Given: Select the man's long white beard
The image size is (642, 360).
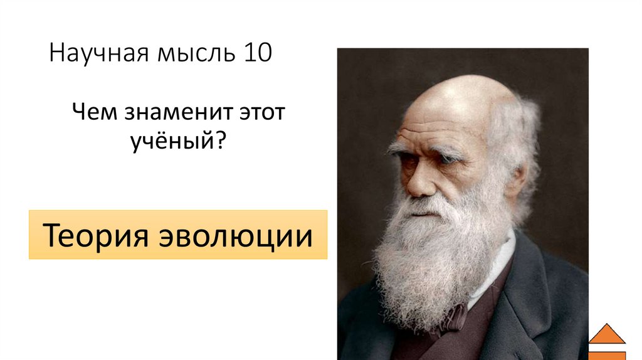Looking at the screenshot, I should point(433,263).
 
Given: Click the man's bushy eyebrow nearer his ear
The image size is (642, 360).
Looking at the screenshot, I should point(448,151).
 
